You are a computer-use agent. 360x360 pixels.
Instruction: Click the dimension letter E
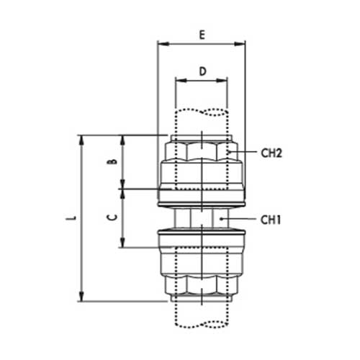[x=202, y=33]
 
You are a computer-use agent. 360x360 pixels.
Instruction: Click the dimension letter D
[x=202, y=71]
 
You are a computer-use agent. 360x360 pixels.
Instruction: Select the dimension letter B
[x=112, y=161]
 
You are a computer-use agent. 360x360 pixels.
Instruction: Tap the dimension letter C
[x=112, y=217]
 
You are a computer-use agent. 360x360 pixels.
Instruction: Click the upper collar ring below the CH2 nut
[x=202, y=193]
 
